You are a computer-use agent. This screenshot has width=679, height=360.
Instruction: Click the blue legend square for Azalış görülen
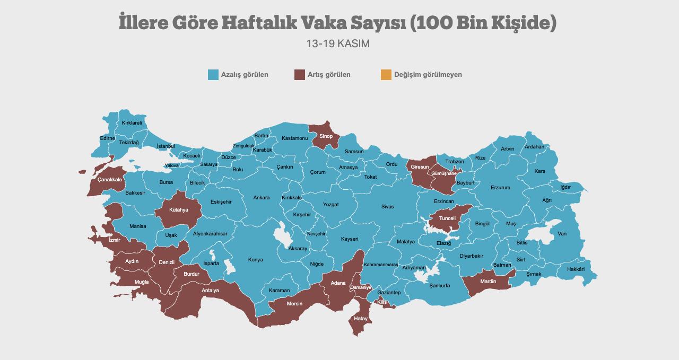(213, 75)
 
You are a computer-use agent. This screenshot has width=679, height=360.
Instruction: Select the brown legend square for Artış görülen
(300, 75)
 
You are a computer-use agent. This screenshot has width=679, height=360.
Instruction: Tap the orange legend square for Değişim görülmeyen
(386, 75)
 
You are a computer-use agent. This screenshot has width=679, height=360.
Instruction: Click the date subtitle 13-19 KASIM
(338, 43)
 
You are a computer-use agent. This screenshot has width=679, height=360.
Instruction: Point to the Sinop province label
(326, 136)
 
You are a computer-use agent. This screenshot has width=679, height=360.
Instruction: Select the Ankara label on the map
(261, 198)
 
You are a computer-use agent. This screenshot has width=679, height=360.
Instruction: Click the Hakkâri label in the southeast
(576, 269)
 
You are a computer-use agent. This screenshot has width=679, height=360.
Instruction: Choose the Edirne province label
(107, 138)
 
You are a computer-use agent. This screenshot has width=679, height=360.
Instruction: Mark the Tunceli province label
(447, 218)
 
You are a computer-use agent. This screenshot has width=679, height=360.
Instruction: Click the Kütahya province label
(179, 210)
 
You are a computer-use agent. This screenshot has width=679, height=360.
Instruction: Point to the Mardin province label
(488, 282)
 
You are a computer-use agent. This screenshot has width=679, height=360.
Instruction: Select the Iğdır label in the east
(565, 187)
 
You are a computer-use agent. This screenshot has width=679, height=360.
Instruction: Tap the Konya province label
(255, 260)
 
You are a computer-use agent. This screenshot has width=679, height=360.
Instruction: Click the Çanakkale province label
(110, 180)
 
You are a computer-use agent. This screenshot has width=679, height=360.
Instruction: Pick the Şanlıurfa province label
(439, 285)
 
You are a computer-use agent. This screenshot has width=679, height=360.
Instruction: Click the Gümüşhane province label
(444, 173)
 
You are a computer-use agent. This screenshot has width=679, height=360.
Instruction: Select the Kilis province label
(382, 302)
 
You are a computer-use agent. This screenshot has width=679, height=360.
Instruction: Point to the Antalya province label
(210, 291)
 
